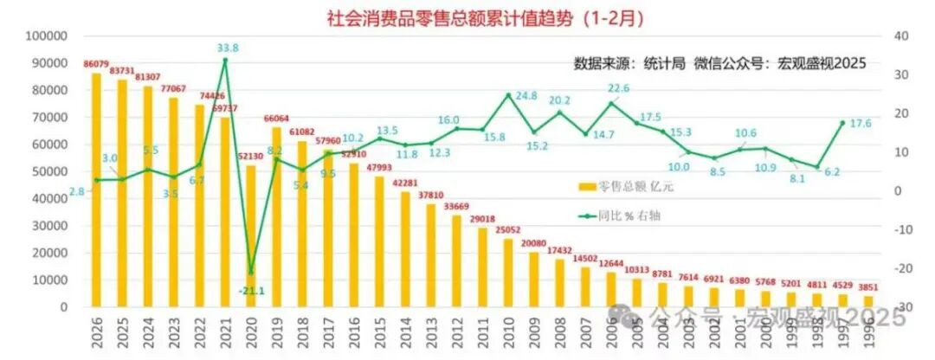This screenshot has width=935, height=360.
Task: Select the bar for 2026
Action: (96, 190)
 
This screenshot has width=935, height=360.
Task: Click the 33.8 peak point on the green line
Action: (226, 60)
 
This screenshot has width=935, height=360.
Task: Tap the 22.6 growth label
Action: (618, 88)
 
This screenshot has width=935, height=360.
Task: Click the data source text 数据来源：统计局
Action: (629, 63)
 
